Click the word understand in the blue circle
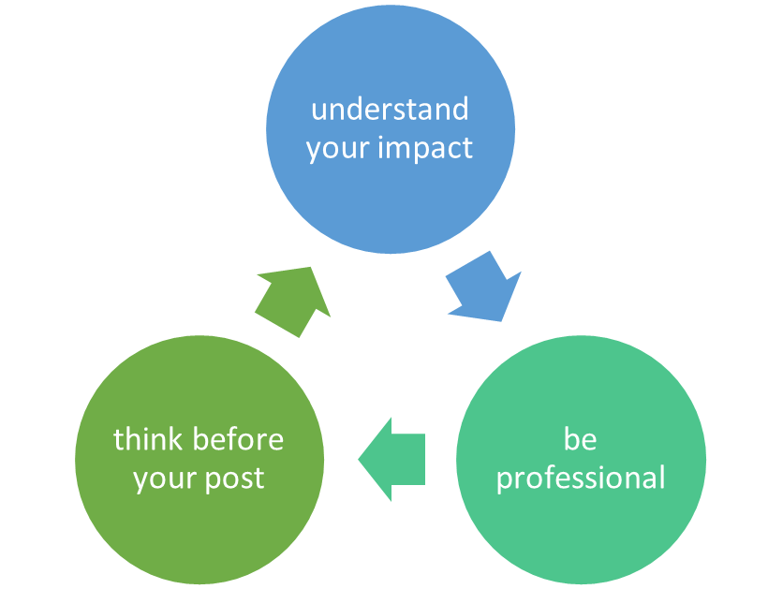[390, 110]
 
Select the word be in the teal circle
[580, 438]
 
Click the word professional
[581, 479]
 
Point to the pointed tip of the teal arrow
[360, 460]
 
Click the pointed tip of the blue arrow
[504, 321]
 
